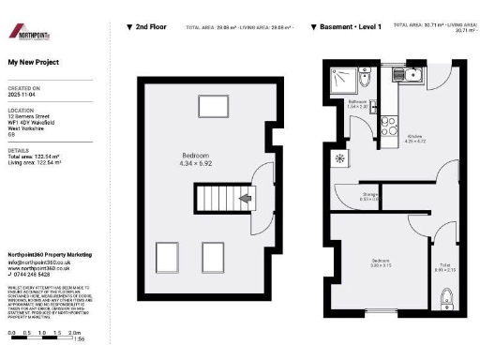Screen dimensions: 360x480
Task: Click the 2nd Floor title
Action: click(151, 27)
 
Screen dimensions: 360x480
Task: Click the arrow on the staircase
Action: click(246, 198)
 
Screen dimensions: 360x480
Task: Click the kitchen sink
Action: click(413, 72)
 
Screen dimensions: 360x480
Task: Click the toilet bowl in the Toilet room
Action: click(447, 299)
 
